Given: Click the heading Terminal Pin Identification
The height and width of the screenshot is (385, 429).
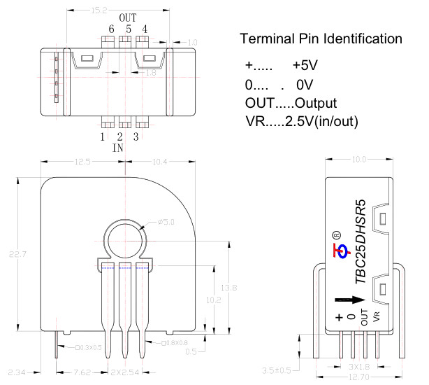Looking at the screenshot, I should click(321, 38).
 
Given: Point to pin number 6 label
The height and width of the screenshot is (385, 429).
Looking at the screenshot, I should click(111, 29).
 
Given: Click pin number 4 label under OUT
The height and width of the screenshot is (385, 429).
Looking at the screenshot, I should click(145, 29).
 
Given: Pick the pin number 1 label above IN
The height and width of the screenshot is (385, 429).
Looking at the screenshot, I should click(102, 136).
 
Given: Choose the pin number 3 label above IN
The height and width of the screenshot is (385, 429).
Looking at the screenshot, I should click(136, 136).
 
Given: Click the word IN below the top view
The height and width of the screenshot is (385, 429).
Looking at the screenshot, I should click(119, 148).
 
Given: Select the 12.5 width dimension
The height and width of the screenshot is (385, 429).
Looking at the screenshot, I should click(82, 162).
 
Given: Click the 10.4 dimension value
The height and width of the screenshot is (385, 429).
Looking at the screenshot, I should click(160, 162).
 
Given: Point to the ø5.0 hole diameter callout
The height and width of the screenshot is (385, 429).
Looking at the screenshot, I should click(166, 222).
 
